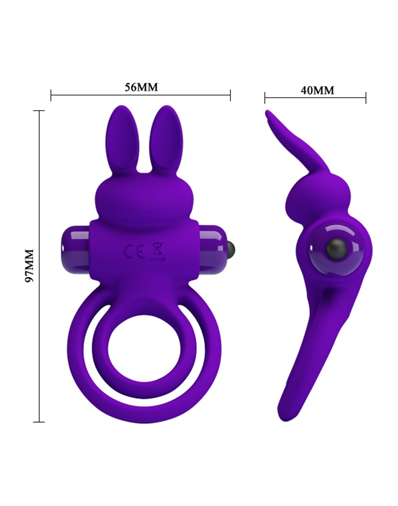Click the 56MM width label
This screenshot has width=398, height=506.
pos(141,87)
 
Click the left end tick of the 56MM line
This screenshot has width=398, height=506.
pos(51,95)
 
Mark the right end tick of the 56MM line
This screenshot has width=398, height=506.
pos(230,95)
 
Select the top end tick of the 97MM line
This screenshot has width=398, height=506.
pos(39,111)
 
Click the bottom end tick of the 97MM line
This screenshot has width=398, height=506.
pos(39,422)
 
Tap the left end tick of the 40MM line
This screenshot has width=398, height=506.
pos(265,98)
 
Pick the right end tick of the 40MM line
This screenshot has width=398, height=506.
pos(366,98)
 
